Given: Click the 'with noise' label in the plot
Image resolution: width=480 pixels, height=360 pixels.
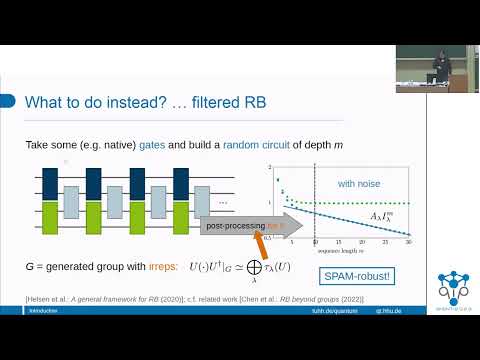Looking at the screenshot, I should pyautogui.click(x=359, y=183).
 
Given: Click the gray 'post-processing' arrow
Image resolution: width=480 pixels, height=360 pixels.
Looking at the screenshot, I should pyautogui.click(x=245, y=227).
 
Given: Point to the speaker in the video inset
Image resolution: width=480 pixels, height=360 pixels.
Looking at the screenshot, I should pyautogui.click(x=435, y=66).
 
